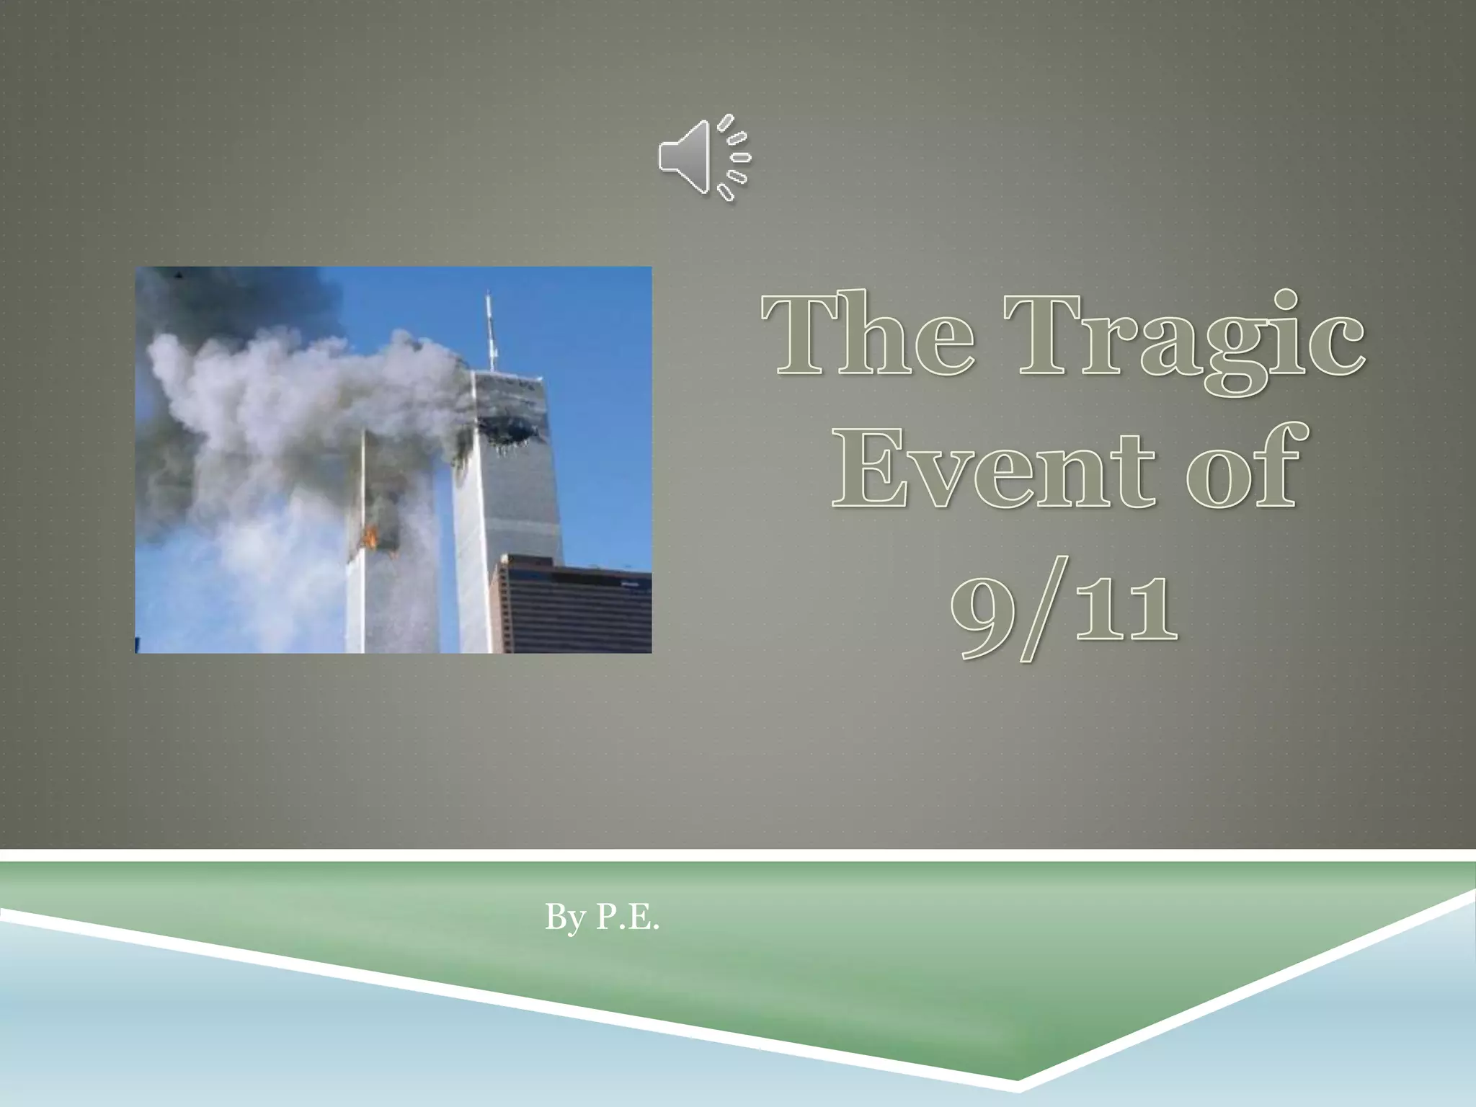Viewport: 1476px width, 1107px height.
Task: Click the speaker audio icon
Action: pos(703,157)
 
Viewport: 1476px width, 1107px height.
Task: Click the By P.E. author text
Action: pos(602,918)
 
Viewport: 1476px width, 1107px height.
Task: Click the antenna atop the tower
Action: pos(490,332)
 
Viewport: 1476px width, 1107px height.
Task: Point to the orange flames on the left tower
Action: pos(371,537)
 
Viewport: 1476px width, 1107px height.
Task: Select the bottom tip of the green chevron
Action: pos(1018,1099)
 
